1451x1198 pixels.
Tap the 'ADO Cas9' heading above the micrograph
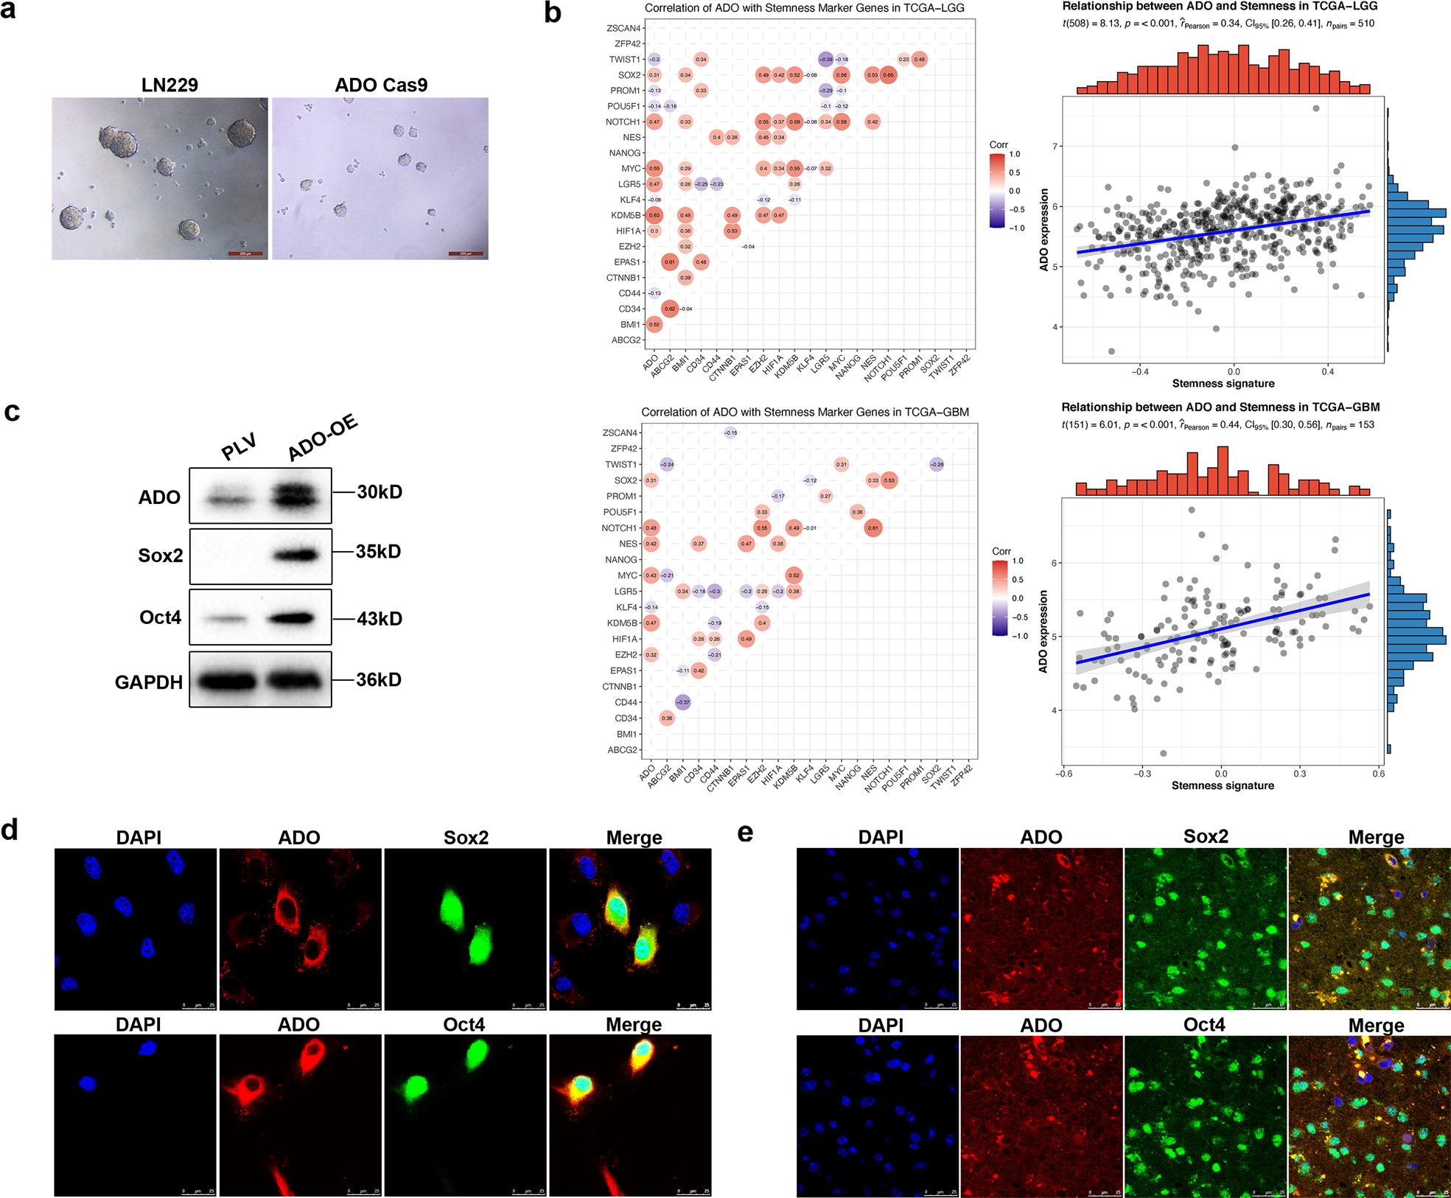(380, 85)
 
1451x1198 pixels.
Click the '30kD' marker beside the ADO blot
(380, 491)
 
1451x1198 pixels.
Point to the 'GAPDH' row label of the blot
(148, 682)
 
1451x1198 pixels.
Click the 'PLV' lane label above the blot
(239, 447)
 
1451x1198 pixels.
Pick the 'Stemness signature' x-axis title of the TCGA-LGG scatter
(1223, 383)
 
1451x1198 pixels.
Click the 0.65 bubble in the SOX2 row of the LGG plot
(888, 75)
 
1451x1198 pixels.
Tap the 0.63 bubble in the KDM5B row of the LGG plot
(654, 215)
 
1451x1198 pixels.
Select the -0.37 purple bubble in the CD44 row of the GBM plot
(682, 702)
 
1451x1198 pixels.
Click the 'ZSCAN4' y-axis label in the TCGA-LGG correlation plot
(623, 28)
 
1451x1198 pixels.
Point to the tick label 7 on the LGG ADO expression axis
(1055, 147)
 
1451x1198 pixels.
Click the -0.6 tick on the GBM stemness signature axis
(1063, 774)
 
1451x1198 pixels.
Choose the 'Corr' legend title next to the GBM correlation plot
(1001, 551)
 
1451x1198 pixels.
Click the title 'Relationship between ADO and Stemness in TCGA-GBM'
(1220, 407)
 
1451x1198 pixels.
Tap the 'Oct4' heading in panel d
(464, 1024)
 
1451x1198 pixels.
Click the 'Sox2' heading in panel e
(1206, 836)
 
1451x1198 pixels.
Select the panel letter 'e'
(745, 833)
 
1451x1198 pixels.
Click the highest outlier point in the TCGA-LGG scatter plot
(1316, 108)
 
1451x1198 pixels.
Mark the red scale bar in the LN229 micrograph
(245, 253)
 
